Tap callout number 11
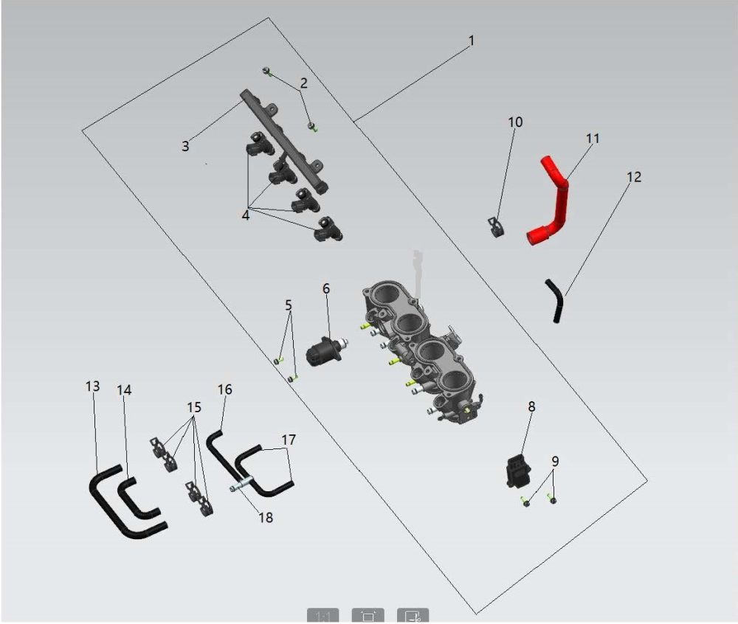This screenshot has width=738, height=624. coord(593,138)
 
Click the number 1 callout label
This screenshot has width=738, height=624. coord(471,41)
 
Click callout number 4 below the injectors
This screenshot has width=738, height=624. coord(245,216)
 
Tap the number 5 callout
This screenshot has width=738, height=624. coord(289,305)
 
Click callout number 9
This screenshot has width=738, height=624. coord(555,461)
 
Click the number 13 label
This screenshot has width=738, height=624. coord(93,386)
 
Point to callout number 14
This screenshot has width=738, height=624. coord(124,390)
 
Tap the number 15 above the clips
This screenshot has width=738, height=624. coord(194,407)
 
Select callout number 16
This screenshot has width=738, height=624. coord(225,389)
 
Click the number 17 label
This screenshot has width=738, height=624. coord(289,440)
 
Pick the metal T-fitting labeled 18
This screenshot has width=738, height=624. coord(243,485)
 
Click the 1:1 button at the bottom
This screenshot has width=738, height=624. coord(323,616)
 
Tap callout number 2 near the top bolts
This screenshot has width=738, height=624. coord(303,83)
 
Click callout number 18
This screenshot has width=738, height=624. coord(266,517)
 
